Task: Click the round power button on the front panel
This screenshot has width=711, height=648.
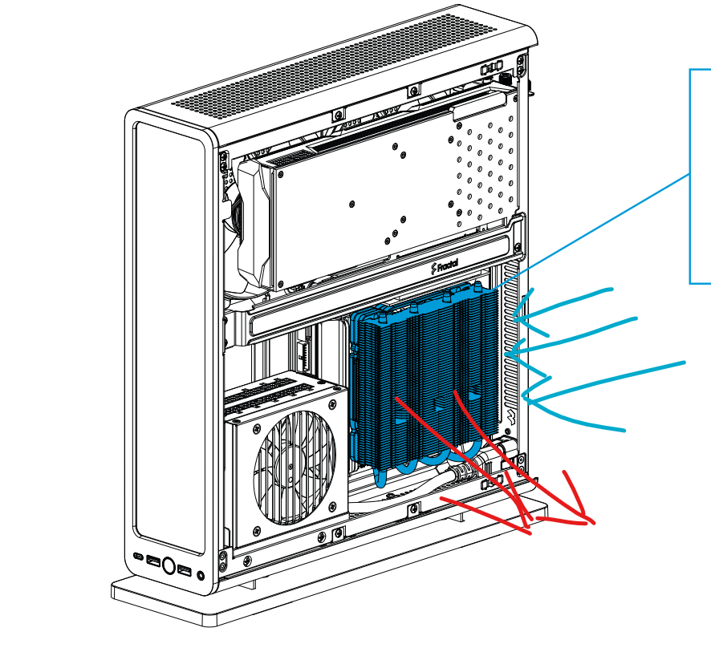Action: click(x=169, y=566)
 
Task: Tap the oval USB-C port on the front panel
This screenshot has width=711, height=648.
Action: click(x=139, y=557)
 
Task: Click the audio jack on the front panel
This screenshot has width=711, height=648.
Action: click(x=201, y=576)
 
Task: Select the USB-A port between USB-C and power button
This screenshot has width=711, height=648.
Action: click(x=153, y=561)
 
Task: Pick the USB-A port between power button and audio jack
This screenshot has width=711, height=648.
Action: click(x=185, y=570)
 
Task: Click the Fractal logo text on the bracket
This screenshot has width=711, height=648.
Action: click(x=445, y=266)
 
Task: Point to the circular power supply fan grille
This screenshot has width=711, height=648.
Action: click(x=294, y=467)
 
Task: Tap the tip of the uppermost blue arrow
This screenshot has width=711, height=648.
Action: click(x=514, y=317)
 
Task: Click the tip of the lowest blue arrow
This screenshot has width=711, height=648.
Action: click(x=523, y=396)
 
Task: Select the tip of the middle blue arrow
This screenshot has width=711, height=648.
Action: click(x=506, y=354)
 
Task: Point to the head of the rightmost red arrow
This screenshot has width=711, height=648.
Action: click(x=593, y=524)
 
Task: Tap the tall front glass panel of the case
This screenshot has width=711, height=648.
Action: click(x=169, y=338)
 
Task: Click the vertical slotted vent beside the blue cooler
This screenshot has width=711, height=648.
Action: click(x=510, y=343)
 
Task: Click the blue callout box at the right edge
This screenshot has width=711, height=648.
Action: click(x=691, y=176)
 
